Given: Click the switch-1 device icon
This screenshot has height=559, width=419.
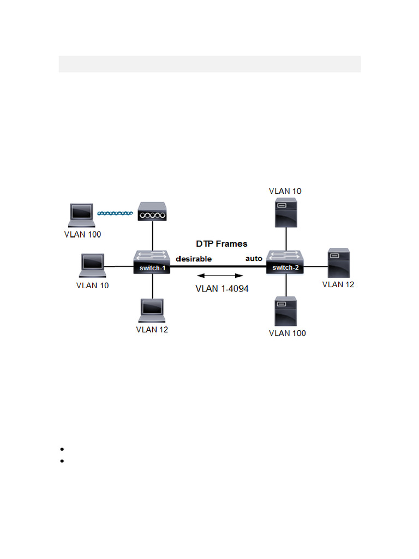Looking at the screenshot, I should [x=152, y=263].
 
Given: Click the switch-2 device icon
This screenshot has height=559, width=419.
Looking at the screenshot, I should [x=285, y=263].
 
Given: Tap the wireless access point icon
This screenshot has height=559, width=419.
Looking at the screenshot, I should [x=152, y=212].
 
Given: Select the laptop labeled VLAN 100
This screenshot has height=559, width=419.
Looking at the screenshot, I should [x=82, y=215].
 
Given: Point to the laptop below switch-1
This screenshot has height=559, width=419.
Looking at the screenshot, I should [x=152, y=311].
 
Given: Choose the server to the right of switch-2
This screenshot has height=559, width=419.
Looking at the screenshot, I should [x=338, y=263].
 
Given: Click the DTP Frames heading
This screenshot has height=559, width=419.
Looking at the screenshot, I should [x=222, y=243].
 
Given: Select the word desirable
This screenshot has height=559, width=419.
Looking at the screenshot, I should [x=194, y=258].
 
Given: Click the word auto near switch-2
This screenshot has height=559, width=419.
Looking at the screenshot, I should [x=254, y=258].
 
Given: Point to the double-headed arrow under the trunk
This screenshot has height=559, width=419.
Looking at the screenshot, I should [x=220, y=276].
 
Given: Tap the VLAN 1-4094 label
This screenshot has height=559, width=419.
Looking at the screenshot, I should [x=222, y=289].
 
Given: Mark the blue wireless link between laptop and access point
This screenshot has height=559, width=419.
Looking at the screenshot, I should [x=115, y=213].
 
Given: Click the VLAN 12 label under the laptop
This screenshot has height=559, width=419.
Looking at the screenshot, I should [x=152, y=330].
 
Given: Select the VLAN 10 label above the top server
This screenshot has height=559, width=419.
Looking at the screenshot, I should [x=285, y=191].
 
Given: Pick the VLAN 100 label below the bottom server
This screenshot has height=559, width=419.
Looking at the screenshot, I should [x=288, y=333].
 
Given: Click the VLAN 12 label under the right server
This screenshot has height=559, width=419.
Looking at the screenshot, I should [x=338, y=284].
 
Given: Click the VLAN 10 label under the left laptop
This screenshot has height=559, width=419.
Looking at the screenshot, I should [x=92, y=285].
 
